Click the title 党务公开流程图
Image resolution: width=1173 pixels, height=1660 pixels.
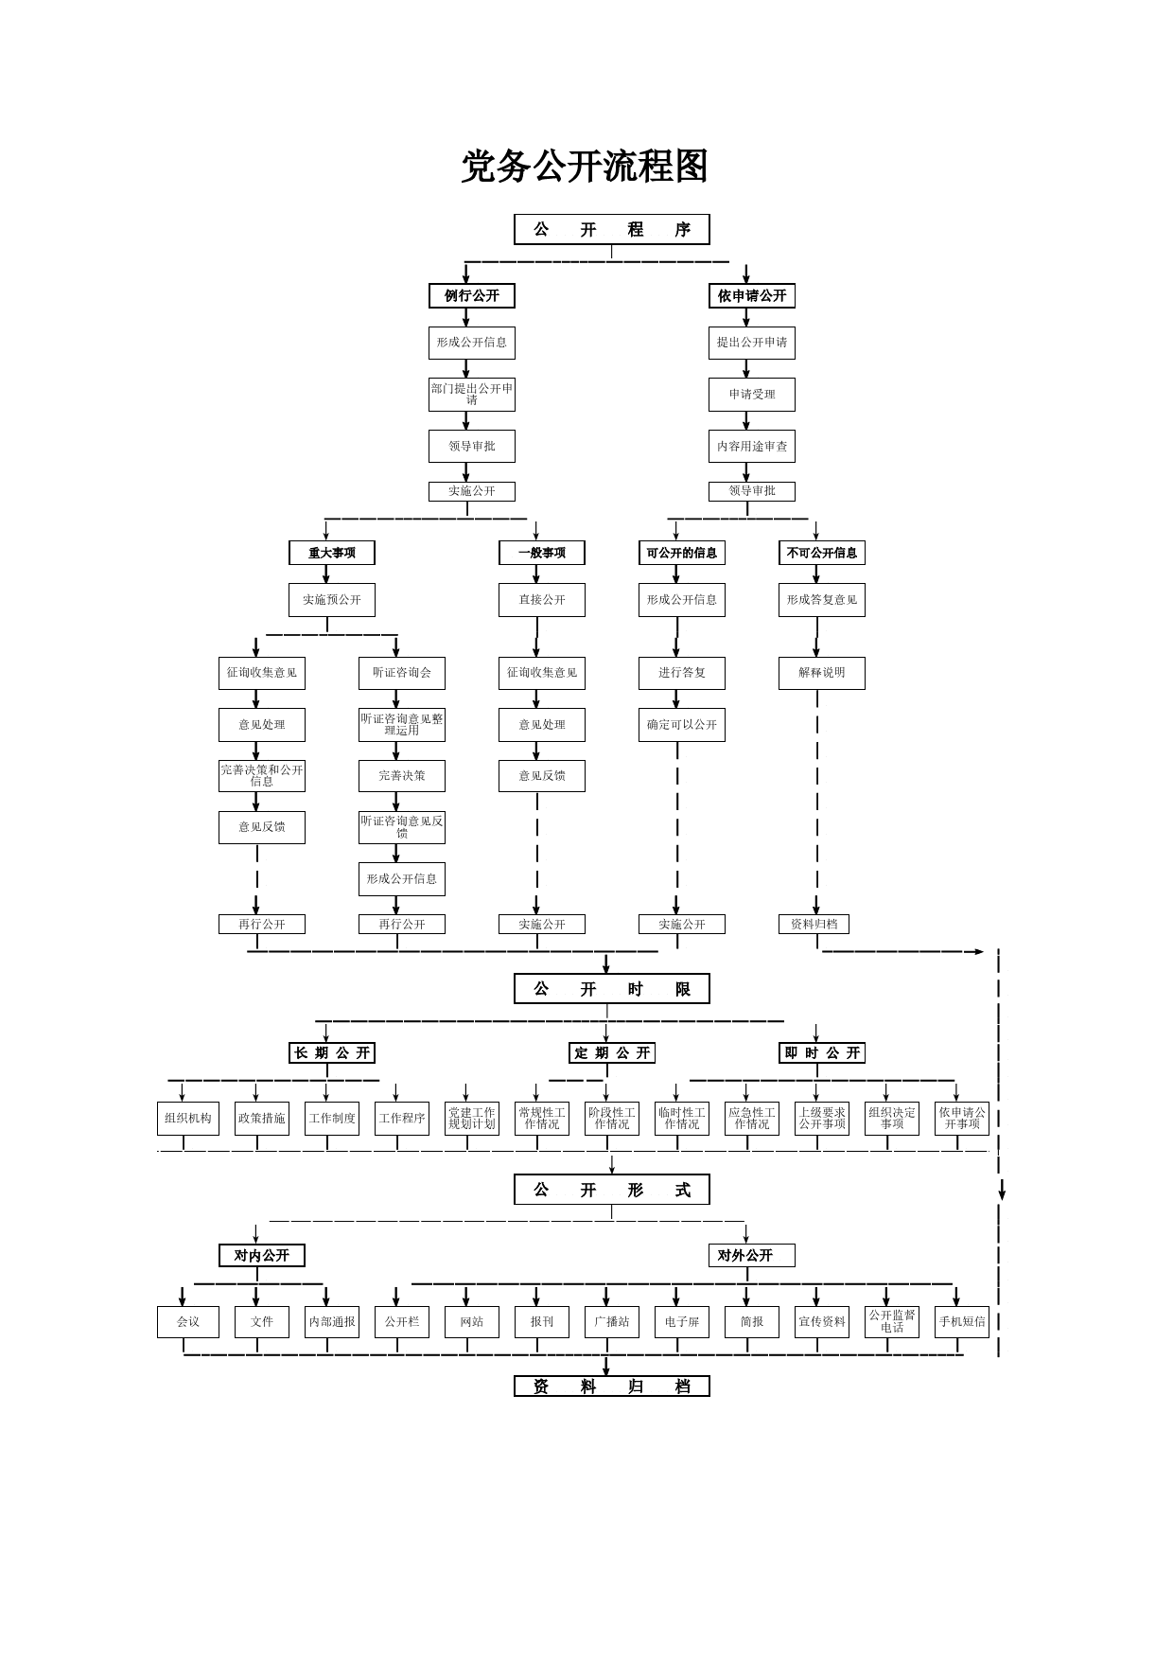[585, 167]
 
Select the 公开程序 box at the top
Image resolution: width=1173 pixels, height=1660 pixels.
[611, 229]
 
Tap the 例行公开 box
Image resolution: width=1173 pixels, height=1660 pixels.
[471, 296]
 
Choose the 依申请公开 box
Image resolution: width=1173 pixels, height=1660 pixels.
[751, 296]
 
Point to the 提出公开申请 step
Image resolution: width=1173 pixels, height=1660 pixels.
[751, 343]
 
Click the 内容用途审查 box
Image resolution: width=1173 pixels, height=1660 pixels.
[751, 446]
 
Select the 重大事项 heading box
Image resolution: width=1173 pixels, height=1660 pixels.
[331, 553]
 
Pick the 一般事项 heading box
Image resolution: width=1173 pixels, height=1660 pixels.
[541, 553]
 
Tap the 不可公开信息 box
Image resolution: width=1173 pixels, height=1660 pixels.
[821, 553]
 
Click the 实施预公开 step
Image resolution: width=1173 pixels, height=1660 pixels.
[331, 600]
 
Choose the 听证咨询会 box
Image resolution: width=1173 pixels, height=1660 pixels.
[401, 673]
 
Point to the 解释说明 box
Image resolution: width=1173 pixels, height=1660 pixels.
[821, 673]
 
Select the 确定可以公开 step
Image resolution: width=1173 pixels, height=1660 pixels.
[681, 725]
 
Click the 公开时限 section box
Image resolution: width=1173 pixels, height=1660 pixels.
[611, 989]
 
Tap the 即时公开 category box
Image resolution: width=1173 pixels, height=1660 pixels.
[821, 1053]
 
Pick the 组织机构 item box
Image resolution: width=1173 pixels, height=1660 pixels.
[187, 1119]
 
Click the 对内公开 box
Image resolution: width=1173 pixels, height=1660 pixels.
[261, 1256]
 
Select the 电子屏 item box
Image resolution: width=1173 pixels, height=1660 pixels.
[681, 1322]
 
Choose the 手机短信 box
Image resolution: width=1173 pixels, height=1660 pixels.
[961, 1322]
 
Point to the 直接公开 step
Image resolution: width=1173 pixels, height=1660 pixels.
[541, 600]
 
